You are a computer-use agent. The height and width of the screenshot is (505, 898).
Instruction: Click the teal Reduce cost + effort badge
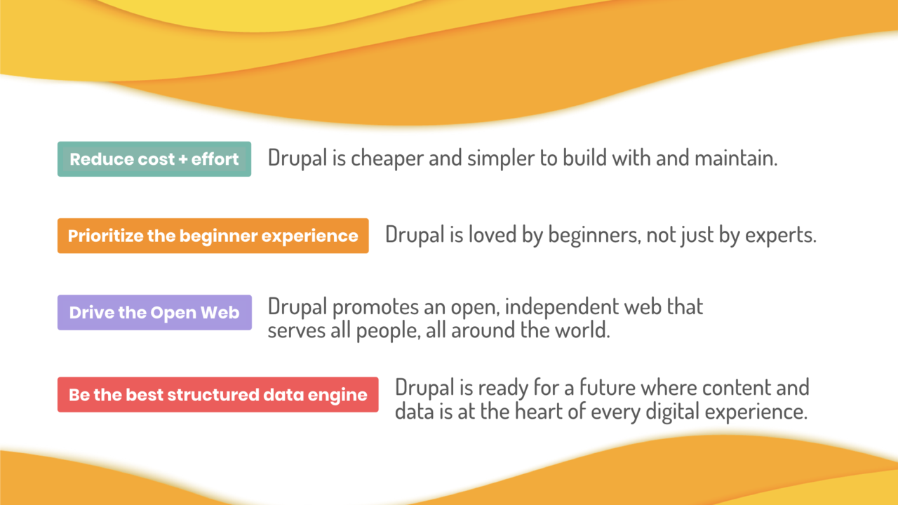154,159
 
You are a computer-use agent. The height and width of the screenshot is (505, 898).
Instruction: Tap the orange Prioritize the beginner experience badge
213,236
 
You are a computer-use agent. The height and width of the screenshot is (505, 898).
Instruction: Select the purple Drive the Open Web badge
154,313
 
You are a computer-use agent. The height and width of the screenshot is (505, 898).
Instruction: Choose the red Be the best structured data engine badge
217,394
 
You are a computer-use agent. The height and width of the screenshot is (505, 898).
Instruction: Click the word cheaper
387,159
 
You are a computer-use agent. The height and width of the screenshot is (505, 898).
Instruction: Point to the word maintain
736,158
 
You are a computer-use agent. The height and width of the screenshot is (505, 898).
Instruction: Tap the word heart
538,412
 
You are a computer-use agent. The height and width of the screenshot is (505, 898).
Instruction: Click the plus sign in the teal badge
183,159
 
